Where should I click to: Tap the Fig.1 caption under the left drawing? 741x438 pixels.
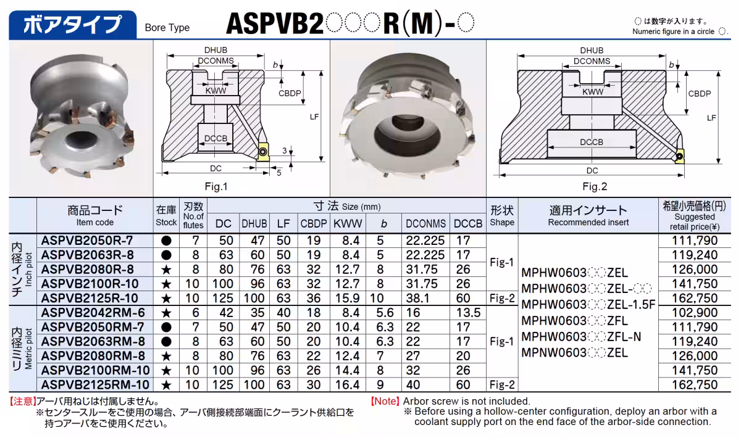click(216, 186)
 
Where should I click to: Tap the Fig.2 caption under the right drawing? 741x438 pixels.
click(595, 186)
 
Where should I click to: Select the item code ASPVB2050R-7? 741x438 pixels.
click(87, 241)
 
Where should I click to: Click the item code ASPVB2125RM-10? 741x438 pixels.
click(95, 385)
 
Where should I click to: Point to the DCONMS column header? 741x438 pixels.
click(426, 223)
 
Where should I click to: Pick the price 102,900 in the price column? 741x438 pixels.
click(696, 313)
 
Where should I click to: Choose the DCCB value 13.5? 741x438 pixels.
click(468, 313)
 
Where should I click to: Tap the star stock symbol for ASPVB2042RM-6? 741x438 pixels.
click(165, 313)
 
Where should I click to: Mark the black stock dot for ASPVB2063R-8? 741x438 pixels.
click(165, 255)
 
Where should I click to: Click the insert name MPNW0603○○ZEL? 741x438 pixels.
click(575, 353)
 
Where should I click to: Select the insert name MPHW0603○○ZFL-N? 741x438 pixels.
click(582, 337)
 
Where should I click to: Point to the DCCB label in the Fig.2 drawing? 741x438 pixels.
click(592, 142)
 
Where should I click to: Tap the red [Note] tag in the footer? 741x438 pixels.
click(385, 401)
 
